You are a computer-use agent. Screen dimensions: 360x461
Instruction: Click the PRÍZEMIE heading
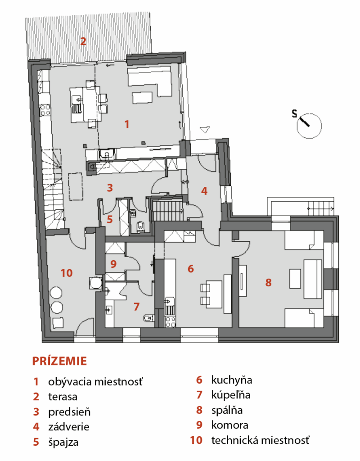click(59, 361)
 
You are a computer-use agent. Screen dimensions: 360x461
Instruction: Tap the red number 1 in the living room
click(126, 124)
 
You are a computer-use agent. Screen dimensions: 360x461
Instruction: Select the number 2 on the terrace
click(83, 41)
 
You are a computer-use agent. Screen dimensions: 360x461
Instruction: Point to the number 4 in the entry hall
click(204, 191)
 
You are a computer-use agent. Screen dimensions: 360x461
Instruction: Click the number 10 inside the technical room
click(67, 273)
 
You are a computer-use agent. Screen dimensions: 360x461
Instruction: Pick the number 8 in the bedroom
click(268, 283)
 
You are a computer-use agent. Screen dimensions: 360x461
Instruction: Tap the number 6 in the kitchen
click(191, 268)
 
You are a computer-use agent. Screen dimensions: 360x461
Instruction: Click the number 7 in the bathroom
click(136, 307)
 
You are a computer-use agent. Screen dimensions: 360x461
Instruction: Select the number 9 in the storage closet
click(113, 264)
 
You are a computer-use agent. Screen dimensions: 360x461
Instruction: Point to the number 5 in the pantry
click(110, 219)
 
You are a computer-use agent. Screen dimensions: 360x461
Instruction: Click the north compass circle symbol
click(309, 126)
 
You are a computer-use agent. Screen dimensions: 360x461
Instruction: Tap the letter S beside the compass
click(294, 113)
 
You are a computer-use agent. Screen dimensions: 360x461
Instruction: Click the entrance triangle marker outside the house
click(205, 130)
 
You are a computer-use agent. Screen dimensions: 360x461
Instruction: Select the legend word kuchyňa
click(232, 380)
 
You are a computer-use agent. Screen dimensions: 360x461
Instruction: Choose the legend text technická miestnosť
click(261, 440)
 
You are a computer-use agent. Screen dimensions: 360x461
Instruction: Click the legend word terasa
click(63, 397)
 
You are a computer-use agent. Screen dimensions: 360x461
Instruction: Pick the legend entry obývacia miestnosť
click(95, 382)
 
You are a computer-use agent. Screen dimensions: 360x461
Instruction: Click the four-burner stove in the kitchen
click(170, 321)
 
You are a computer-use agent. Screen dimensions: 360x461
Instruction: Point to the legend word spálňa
click(227, 410)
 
